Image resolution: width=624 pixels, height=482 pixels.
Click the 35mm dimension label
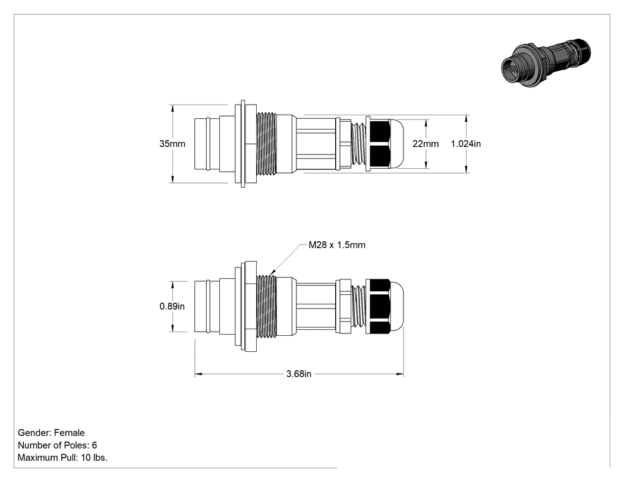pos(172,144)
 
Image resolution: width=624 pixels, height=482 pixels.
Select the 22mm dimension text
pos(426,144)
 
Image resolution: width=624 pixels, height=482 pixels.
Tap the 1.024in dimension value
pos(465,144)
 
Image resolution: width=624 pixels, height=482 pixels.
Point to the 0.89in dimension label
pos(172,306)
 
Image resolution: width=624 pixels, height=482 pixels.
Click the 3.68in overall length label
pos(299,374)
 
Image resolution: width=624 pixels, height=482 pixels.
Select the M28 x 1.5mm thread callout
pos(337,245)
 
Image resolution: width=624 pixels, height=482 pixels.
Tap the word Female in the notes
pos(70,433)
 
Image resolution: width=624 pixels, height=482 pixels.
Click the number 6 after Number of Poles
pos(94,445)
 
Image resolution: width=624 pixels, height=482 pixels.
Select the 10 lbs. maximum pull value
pos(94,458)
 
